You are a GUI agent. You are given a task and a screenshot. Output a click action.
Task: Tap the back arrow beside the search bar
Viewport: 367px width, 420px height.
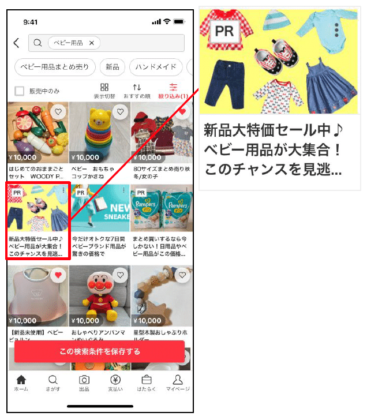[17, 43]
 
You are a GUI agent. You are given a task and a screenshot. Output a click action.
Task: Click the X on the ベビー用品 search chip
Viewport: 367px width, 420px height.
[91, 43]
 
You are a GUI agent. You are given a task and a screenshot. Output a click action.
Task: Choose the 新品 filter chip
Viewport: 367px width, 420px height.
[112, 67]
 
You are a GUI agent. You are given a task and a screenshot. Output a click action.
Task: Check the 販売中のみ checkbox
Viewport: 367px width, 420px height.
[20, 91]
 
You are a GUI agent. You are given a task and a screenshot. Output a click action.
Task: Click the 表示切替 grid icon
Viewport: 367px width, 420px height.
[104, 88]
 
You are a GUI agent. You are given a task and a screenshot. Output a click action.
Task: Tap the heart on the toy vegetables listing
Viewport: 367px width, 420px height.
[58, 112]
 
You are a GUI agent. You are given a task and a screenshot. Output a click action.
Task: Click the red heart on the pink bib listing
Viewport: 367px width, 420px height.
[58, 276]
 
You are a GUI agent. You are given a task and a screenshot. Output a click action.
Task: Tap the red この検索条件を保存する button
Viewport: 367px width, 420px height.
[99, 351]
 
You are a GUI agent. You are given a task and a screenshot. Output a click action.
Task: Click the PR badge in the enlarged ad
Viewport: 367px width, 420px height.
[224, 31]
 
